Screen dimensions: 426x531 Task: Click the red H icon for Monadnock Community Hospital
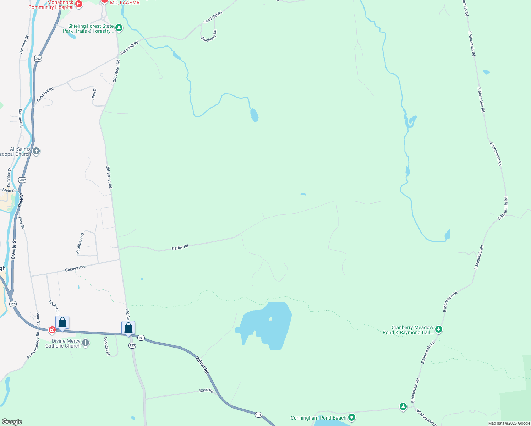[x=79, y=5]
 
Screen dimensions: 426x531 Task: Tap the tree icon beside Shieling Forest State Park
[x=119, y=28]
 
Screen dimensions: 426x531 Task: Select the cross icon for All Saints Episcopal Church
[x=36, y=151]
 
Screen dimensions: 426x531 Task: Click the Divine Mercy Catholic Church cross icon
[x=86, y=343]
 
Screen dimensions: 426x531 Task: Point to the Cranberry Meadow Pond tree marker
[x=439, y=329]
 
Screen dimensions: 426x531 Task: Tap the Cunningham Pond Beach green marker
[x=352, y=417]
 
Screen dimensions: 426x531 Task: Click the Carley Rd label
[x=180, y=247]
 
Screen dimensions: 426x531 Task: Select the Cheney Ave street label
[x=75, y=268]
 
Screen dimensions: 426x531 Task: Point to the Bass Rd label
[x=206, y=390]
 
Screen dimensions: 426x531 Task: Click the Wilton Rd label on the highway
[x=202, y=365]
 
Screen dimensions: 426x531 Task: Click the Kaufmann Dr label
[x=80, y=242]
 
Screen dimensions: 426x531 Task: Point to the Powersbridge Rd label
[x=33, y=345]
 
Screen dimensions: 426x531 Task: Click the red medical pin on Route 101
[x=52, y=330]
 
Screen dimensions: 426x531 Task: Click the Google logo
[x=12, y=422]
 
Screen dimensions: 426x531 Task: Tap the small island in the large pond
[x=270, y=319]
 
